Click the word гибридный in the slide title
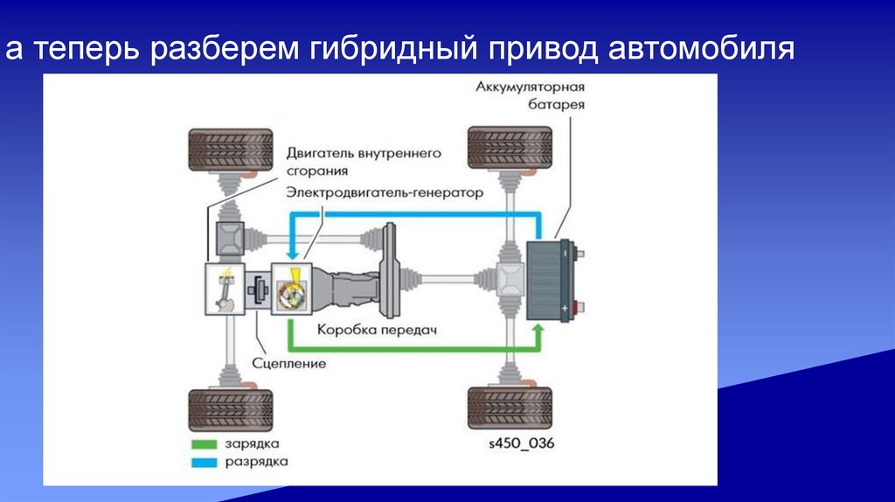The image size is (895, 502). [x=394, y=49]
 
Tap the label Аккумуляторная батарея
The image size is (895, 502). [x=531, y=96]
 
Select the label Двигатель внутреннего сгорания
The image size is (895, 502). [x=364, y=162]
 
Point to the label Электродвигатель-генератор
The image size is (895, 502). [x=385, y=193]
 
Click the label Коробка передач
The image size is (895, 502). [x=377, y=330]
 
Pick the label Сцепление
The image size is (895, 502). [x=288, y=364]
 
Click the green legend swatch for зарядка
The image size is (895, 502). [x=205, y=444]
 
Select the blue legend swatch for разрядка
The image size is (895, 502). [x=205, y=463]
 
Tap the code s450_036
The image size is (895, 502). [x=522, y=443]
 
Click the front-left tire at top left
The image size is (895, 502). [x=231, y=150]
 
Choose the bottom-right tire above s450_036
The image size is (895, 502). [x=510, y=408]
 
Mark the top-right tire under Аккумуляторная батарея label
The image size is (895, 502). [x=510, y=147]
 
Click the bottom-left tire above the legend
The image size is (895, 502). [x=231, y=410]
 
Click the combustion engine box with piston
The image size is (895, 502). [x=225, y=289]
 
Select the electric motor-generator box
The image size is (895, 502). [x=291, y=289]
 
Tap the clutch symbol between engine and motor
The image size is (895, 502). [x=258, y=289]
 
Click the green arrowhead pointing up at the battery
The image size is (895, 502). [x=538, y=330]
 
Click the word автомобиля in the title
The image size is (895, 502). [x=701, y=49]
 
